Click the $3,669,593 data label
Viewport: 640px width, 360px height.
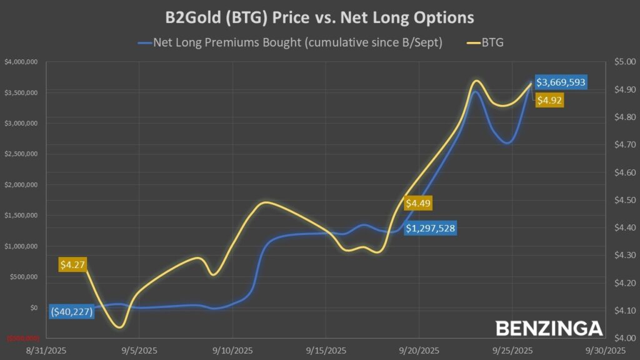pos(561,82)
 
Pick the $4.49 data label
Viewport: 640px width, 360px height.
pos(418,203)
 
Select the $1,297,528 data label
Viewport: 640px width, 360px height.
pos(430,228)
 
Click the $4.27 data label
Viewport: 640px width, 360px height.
pos(72,264)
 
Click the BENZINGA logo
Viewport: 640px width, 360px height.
pos(549,329)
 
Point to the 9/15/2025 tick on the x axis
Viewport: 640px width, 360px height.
pos(326,351)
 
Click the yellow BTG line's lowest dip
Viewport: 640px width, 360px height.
pos(119,326)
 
